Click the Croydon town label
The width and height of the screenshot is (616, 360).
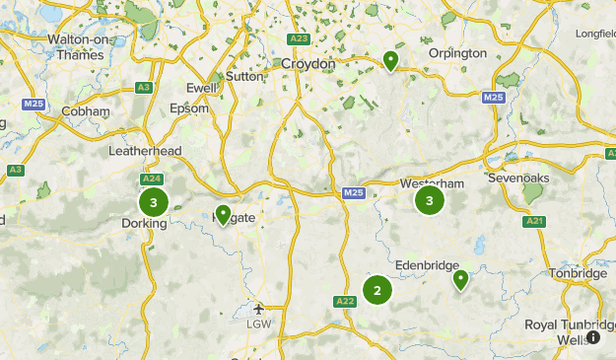308,63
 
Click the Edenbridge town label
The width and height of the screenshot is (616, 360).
427,264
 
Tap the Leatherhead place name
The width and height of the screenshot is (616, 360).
145,151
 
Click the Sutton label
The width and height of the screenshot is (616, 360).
245,75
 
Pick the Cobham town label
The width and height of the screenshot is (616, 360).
86,111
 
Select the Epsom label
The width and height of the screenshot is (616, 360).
190,108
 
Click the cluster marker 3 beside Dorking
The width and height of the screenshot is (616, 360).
153,202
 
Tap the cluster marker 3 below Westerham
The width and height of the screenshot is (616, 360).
429,201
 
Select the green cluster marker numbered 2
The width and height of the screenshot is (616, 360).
376,290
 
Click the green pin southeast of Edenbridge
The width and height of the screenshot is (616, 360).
460,280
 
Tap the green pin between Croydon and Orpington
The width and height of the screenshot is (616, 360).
390,61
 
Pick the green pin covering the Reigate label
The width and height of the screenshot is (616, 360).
223,214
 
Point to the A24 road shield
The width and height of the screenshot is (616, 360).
152,180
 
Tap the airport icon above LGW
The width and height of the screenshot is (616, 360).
258,307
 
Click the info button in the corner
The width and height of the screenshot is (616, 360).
593,337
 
